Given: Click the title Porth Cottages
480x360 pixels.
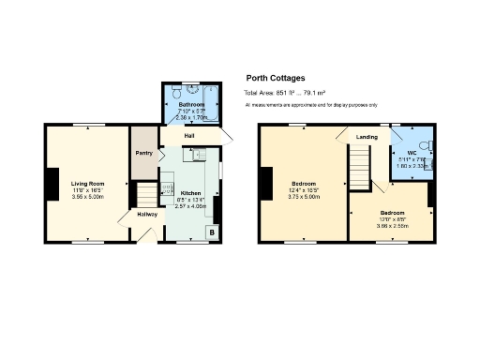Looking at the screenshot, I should click(275, 79).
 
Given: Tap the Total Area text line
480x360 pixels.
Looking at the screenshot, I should click(291, 94).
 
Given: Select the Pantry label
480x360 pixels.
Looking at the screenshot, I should click(143, 153).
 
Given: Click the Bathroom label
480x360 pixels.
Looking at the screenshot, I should click(191, 105).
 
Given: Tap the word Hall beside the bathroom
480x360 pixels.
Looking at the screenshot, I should click(189, 136).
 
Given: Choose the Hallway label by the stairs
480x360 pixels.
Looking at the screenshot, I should click(147, 215).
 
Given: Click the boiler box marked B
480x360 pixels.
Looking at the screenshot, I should click(212, 231).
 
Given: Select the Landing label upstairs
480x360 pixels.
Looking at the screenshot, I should click(367, 137).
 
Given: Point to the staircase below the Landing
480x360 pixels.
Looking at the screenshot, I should click(361, 169).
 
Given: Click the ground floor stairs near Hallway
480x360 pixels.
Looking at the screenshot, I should click(147, 195).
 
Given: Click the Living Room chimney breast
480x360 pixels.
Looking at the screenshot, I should click(52, 183).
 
